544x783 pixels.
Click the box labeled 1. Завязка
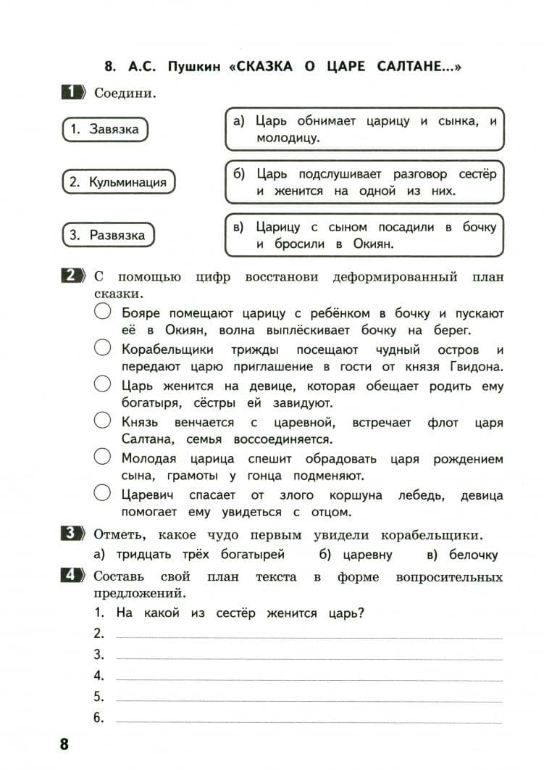104,130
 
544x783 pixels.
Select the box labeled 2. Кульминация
117,182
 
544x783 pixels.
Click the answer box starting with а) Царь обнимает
364,128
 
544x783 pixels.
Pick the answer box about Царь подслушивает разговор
364,182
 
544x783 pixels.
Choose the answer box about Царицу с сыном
364,235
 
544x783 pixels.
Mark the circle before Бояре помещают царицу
103,312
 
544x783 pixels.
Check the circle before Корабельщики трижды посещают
103,348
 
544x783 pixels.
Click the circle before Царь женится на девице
103,384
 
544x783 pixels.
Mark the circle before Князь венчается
103,420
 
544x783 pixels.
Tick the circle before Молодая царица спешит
103,457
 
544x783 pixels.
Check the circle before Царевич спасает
103,494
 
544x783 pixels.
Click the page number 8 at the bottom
64,744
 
